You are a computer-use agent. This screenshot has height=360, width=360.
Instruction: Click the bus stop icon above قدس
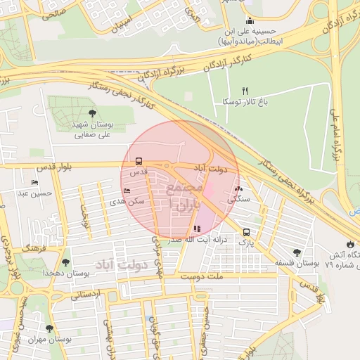(139, 161)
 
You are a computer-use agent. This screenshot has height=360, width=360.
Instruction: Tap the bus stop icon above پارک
(246, 232)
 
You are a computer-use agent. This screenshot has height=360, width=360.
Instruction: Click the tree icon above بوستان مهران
(49, 328)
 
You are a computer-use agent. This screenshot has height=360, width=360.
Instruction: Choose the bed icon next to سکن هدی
(127, 191)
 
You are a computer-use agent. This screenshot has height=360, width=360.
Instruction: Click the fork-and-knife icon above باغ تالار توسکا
(245, 90)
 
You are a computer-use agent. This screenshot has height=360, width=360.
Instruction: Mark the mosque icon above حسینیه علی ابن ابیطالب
(250, 20)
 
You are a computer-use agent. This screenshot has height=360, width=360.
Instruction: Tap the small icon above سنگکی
(239, 188)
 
